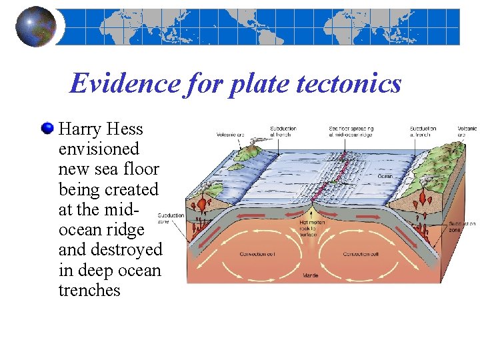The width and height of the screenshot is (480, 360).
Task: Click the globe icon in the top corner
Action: tap(35, 27)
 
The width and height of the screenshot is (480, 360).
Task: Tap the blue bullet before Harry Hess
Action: tap(46, 128)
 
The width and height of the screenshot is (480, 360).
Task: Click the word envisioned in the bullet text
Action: tap(99, 149)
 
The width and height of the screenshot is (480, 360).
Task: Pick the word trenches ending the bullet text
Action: tap(89, 290)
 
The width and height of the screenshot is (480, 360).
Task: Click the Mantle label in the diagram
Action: tap(311, 275)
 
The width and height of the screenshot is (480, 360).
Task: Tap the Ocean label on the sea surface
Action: tap(385, 177)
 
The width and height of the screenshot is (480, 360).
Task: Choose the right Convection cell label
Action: tap(360, 254)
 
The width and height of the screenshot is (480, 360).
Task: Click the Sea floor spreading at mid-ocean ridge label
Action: tap(352, 131)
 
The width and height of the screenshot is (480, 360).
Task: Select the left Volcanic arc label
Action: tap(230, 132)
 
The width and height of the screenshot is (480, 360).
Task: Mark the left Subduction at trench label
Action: tap(283, 131)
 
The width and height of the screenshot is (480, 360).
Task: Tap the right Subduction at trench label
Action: tap(423, 131)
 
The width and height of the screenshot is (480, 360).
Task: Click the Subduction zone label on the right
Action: tap(462, 227)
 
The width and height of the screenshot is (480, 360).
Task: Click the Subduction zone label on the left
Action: tap(171, 218)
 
